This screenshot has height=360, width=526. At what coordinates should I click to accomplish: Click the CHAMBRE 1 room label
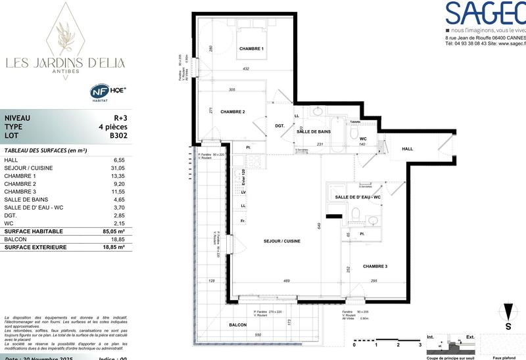(251, 49)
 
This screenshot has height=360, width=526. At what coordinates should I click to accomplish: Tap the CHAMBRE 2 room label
(232, 112)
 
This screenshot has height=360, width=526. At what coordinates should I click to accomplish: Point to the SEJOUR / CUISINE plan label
(283, 241)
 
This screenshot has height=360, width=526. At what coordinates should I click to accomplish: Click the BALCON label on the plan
(237, 325)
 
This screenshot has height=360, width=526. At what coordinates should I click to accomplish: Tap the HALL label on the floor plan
(408, 149)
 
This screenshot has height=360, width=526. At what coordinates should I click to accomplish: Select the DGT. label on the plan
(279, 125)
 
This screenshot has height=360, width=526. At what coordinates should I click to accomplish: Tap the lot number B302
(118, 136)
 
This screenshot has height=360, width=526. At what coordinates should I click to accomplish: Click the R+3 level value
(119, 118)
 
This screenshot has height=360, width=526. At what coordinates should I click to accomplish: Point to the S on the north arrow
(508, 326)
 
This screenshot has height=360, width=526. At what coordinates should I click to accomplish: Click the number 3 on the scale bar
(419, 344)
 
